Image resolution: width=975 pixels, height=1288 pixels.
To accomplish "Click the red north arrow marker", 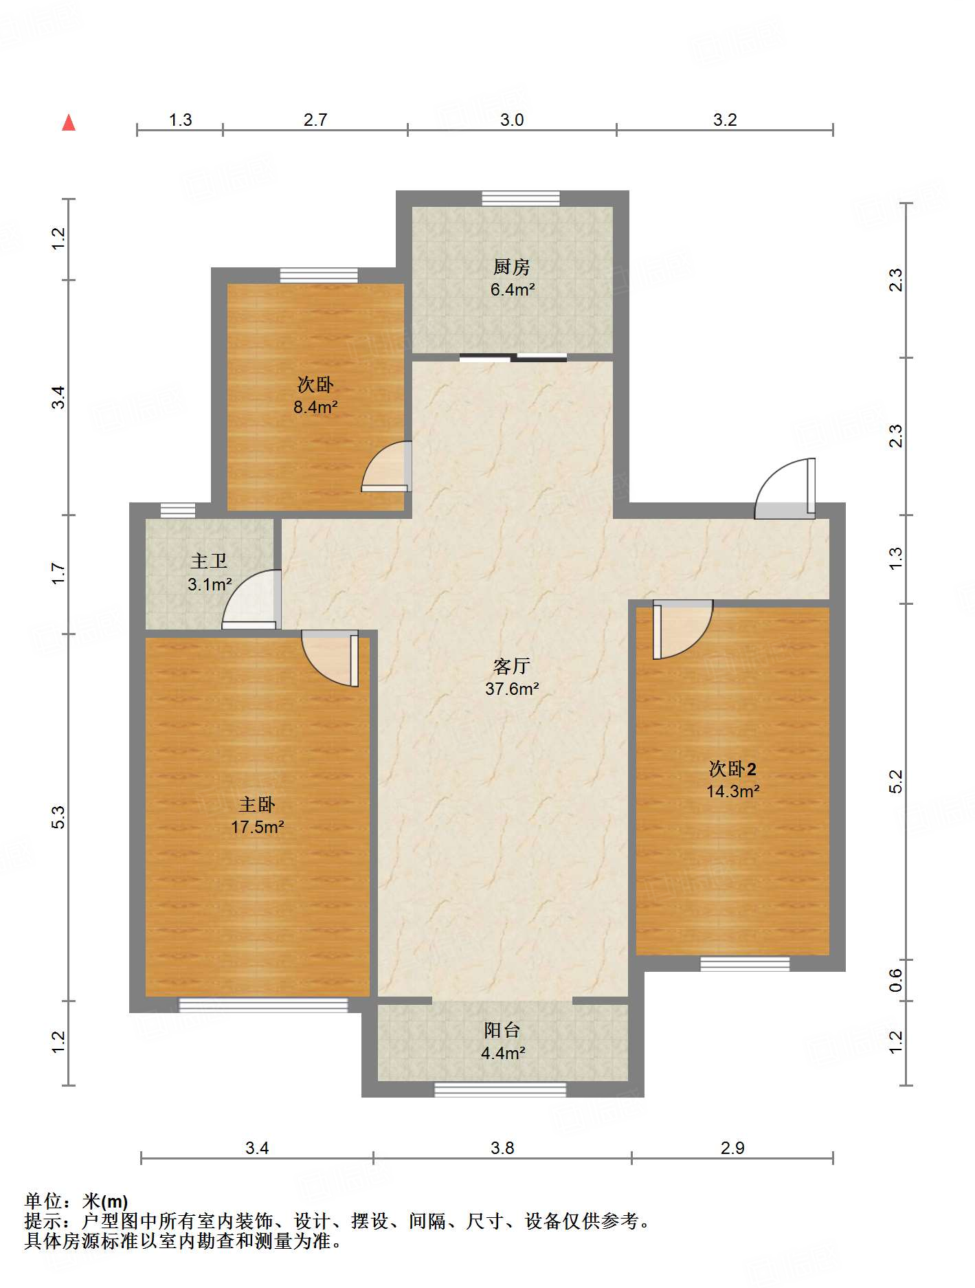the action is pyautogui.click(x=69, y=122).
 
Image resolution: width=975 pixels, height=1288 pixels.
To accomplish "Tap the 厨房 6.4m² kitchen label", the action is pyautogui.click(x=512, y=278).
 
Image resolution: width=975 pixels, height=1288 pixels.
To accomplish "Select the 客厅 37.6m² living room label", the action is pyautogui.click(x=512, y=677).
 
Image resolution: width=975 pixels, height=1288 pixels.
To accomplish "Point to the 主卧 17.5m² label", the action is pyautogui.click(x=257, y=815).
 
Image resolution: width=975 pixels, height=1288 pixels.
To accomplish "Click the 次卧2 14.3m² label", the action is pyautogui.click(x=733, y=779).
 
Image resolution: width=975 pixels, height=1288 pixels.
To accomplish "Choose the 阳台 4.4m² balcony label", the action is pyautogui.click(x=503, y=1041).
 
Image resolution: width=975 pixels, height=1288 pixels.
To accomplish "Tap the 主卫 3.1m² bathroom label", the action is pyautogui.click(x=210, y=573).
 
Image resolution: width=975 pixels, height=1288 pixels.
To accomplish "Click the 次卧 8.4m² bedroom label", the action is pyautogui.click(x=315, y=395).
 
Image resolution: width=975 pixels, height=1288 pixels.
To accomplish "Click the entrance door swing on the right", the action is pyautogui.click(x=785, y=488).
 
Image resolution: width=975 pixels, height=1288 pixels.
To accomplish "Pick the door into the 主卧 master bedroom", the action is pyautogui.click(x=330, y=658).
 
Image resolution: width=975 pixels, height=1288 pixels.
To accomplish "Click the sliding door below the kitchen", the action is pyautogui.click(x=513, y=357).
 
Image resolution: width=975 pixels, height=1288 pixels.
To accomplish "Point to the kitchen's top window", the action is pyautogui.click(x=521, y=198).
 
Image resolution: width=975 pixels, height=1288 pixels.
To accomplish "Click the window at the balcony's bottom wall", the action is pyautogui.click(x=500, y=1089).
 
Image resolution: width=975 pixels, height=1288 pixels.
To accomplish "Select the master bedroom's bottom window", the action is pyautogui.click(x=263, y=1005).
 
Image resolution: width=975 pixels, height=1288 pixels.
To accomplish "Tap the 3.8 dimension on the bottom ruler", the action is pyautogui.click(x=502, y=1148).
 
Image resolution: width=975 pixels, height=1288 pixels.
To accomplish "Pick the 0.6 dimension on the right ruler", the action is pyautogui.click(x=895, y=980).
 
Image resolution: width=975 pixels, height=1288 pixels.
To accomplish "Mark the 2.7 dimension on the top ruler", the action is pyautogui.click(x=315, y=120).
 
